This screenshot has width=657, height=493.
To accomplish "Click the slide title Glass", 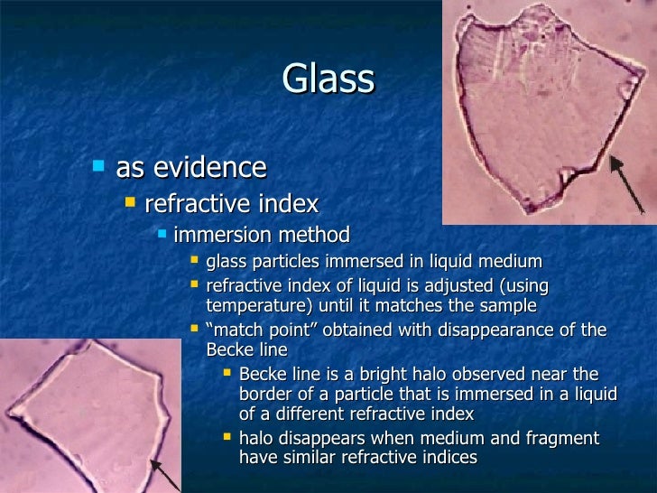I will point(328,79).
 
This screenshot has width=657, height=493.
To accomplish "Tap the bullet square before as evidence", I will point(98,166).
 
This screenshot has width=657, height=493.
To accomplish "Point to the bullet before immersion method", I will point(162,235).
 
